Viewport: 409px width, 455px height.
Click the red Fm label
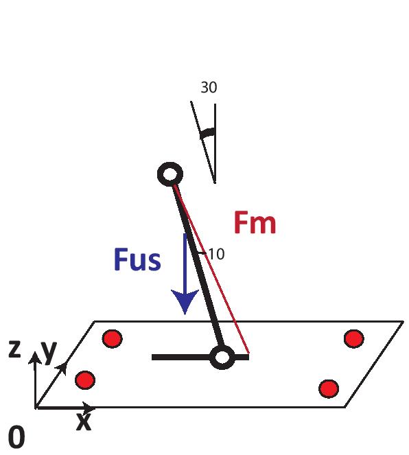click(x=255, y=222)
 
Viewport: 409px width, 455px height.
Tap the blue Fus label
click(x=137, y=259)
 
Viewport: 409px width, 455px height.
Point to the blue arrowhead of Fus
click(x=185, y=301)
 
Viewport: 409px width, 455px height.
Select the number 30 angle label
click(x=209, y=87)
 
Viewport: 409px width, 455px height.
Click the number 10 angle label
click(x=216, y=254)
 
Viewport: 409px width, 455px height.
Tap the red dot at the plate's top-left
click(x=113, y=338)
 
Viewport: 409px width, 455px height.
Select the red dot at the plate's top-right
click(x=354, y=338)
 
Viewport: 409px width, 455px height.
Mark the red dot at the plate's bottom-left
click(x=85, y=380)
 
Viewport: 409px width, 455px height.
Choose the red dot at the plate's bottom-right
click(x=329, y=388)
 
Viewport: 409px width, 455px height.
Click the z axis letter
click(x=14, y=349)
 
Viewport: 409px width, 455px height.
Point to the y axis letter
click(x=49, y=351)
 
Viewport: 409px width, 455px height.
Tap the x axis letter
click(x=84, y=421)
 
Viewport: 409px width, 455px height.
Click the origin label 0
click(x=16, y=438)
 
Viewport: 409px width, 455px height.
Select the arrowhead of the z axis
click(x=35, y=358)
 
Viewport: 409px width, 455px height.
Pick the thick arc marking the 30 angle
click(x=208, y=133)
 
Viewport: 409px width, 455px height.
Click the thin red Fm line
click(x=211, y=270)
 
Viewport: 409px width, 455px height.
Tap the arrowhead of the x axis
click(x=88, y=408)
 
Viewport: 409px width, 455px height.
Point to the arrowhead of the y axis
click(x=62, y=369)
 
